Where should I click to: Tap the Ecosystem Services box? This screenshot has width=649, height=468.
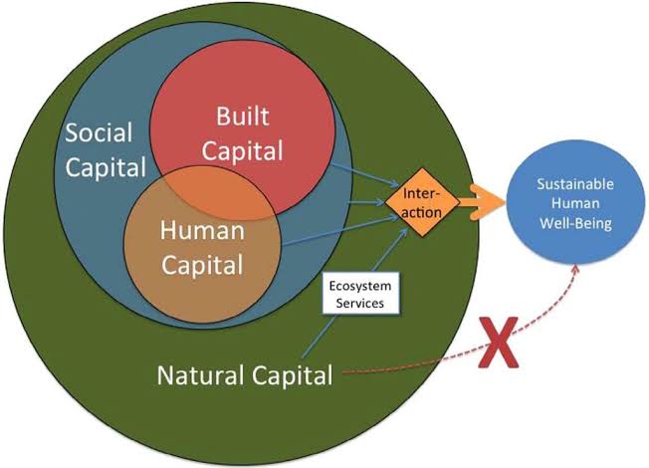point(356,295)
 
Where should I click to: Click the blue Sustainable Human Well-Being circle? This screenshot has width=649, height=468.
point(574,206)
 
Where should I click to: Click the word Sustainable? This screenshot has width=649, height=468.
point(575,184)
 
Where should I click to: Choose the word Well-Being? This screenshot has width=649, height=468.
point(574,224)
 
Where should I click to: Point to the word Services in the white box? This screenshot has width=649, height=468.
point(356,303)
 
